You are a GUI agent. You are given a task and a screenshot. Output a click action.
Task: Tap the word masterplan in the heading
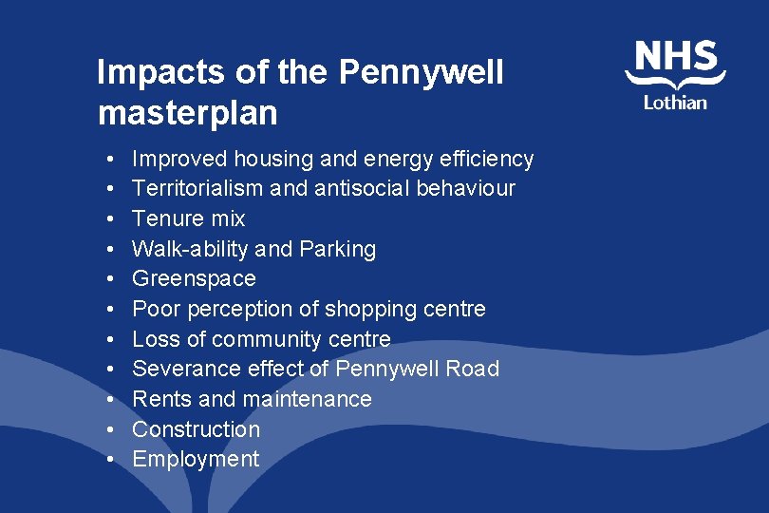(x=187, y=113)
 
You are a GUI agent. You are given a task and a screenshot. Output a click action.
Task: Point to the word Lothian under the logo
(x=675, y=103)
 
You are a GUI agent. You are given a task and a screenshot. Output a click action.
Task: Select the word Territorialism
(x=197, y=188)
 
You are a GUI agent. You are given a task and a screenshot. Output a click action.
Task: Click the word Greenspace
(x=194, y=278)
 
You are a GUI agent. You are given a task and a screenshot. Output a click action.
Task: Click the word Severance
(x=183, y=369)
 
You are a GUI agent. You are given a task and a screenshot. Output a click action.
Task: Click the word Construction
(x=196, y=429)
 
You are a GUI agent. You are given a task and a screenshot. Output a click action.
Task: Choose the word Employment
(x=196, y=459)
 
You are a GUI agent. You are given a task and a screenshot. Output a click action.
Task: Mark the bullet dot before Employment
(x=111, y=460)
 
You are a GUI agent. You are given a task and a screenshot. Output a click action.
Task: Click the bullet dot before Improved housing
(x=111, y=159)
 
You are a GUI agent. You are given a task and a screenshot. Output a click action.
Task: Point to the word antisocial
(x=352, y=188)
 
